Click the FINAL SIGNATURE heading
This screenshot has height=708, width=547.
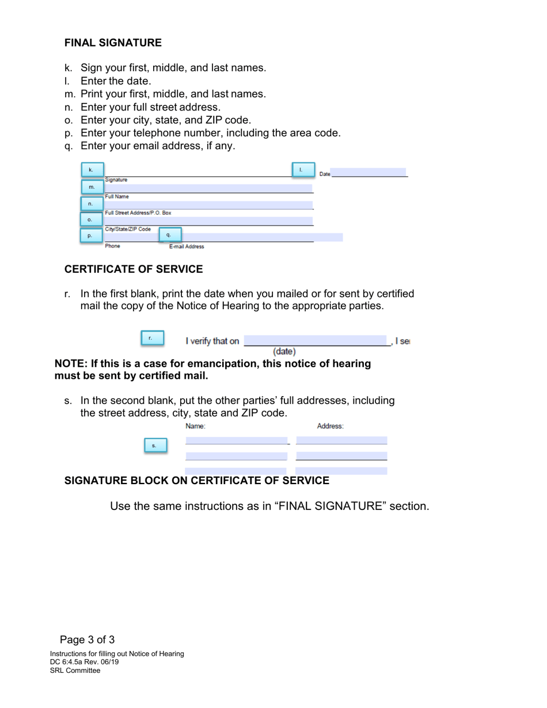113,43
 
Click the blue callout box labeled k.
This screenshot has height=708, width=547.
92,170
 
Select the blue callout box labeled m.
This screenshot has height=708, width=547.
92,187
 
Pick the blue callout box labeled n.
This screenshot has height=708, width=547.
91,204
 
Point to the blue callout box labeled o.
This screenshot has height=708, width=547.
90,220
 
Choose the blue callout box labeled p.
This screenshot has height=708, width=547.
90,235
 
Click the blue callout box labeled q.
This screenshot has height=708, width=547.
169,235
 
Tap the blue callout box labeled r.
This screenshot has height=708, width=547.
152,338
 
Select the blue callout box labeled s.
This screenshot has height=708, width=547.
154,446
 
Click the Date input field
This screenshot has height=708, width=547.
369,173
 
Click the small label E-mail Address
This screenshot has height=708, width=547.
187,247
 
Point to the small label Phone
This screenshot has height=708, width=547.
112,246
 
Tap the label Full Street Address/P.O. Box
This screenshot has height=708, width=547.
138,213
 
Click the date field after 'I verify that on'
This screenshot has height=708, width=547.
316,340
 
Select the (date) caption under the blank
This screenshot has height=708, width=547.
284,351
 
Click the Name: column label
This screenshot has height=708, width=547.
195,427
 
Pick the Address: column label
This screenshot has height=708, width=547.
331,427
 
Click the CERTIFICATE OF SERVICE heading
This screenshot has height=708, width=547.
134,269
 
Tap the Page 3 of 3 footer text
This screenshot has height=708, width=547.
88,640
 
